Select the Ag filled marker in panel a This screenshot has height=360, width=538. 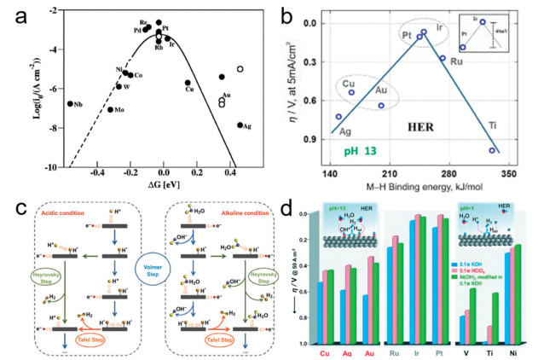tap(240, 125)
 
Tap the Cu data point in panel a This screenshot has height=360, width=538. tap(188, 83)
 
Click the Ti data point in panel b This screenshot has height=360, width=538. tap(492, 150)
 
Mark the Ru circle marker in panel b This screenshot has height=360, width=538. tap(443, 58)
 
